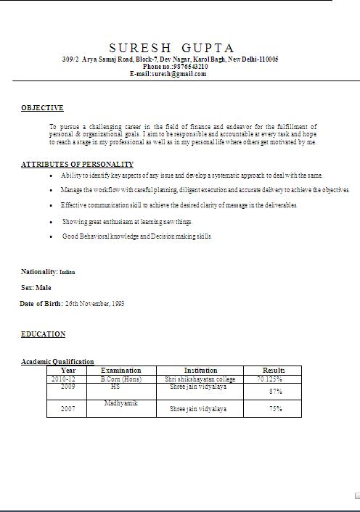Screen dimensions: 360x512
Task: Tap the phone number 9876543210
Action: (x=187, y=66)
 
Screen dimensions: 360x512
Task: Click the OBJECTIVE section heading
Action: (x=42, y=108)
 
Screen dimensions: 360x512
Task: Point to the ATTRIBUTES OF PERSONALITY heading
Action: (x=77, y=165)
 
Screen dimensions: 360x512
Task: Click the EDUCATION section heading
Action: (x=43, y=334)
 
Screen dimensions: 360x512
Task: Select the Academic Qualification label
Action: (x=57, y=361)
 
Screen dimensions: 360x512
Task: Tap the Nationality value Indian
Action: (x=67, y=272)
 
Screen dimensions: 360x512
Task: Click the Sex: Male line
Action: (x=36, y=288)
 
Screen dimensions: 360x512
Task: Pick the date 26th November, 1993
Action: (x=94, y=304)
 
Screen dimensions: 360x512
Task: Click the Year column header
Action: (x=68, y=371)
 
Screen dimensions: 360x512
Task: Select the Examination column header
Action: (x=120, y=371)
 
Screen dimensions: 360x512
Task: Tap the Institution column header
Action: (x=200, y=371)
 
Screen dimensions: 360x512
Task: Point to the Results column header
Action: (x=274, y=371)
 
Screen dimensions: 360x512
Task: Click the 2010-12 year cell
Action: (x=62, y=379)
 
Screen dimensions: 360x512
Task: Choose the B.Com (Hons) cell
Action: (x=120, y=379)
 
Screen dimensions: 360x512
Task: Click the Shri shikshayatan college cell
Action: (x=200, y=379)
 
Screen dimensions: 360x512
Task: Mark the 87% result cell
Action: (x=275, y=392)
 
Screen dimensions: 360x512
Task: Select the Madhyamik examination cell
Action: (x=120, y=403)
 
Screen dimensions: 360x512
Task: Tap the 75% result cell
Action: (x=275, y=409)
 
